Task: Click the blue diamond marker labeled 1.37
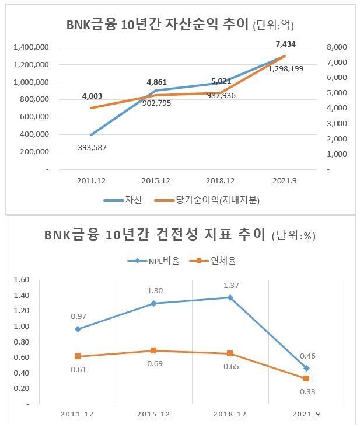(230, 298)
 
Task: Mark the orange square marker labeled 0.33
(306, 379)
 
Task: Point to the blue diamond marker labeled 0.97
(78, 329)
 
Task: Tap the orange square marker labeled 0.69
(153, 350)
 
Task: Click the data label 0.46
(307, 356)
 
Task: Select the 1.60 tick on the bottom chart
(21, 280)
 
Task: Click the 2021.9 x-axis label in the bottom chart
(306, 414)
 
